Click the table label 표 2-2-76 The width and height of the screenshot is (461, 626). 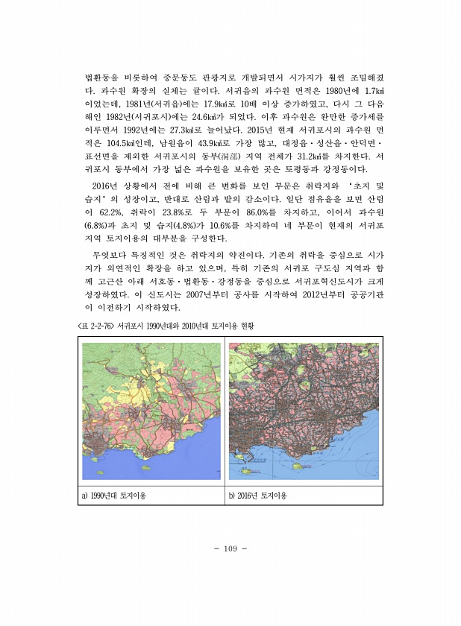point(98,325)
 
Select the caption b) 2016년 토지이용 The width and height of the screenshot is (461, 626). point(258,495)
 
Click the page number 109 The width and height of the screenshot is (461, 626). point(230,548)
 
